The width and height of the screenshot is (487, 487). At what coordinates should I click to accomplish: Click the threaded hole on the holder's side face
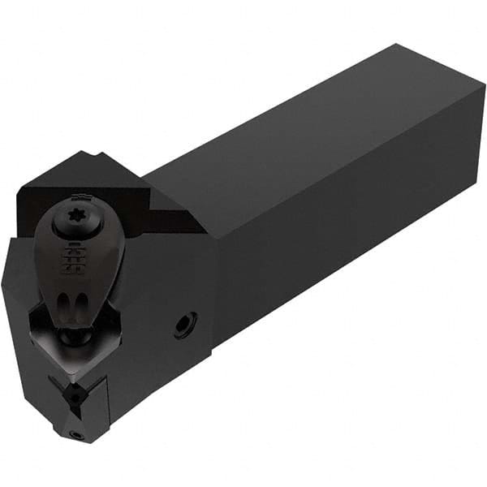(x=184, y=325)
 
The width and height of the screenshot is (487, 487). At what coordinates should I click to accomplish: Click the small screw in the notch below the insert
(x=74, y=392)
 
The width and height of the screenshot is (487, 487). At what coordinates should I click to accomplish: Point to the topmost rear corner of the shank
(x=398, y=45)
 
